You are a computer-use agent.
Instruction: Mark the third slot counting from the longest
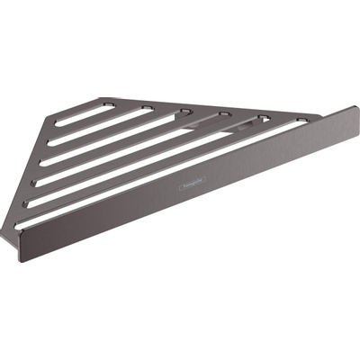(144, 149)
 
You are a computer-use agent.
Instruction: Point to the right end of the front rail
(353, 116)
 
